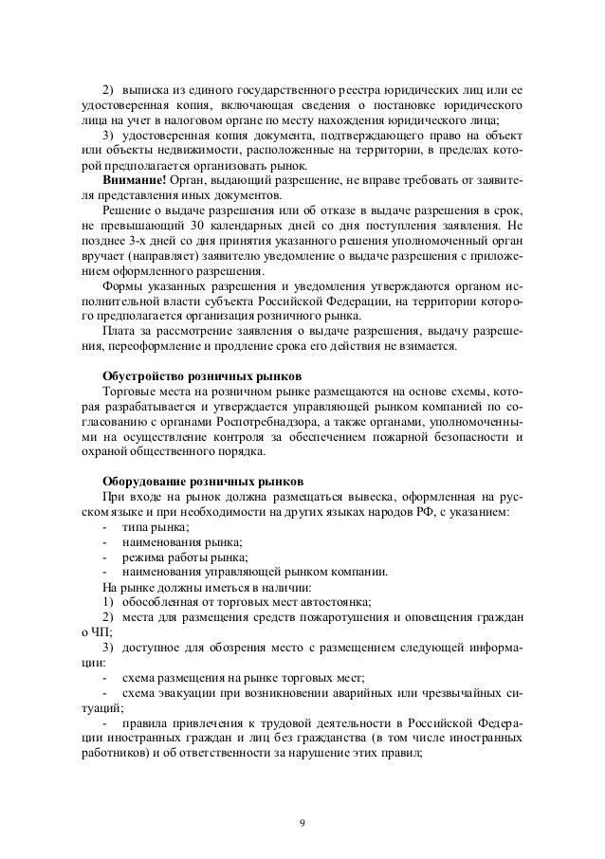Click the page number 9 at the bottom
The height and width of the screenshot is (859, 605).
click(x=302, y=821)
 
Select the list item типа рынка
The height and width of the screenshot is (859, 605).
click(x=151, y=527)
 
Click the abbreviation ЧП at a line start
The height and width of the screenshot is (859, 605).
click(x=98, y=633)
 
